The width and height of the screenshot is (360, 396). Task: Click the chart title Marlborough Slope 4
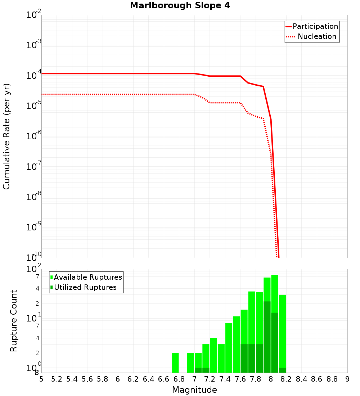tap(180, 5)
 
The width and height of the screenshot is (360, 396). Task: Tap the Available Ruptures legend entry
tap(86, 277)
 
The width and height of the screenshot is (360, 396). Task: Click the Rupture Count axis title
tap(14, 320)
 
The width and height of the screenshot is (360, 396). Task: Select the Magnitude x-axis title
tap(194, 390)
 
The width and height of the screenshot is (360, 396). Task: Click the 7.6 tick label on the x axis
tap(240, 379)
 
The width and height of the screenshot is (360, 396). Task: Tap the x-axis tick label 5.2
tap(57, 379)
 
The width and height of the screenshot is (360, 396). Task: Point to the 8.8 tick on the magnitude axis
tap(332, 379)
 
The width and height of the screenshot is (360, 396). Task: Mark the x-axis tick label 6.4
tap(148, 379)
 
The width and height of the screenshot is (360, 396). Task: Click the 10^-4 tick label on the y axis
tap(34, 75)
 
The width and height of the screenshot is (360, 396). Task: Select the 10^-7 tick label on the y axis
tap(34, 166)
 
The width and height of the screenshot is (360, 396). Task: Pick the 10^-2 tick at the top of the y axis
tap(34, 15)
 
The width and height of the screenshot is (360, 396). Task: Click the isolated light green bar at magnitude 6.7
tap(175, 363)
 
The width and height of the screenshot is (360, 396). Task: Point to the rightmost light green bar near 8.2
tap(282, 331)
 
